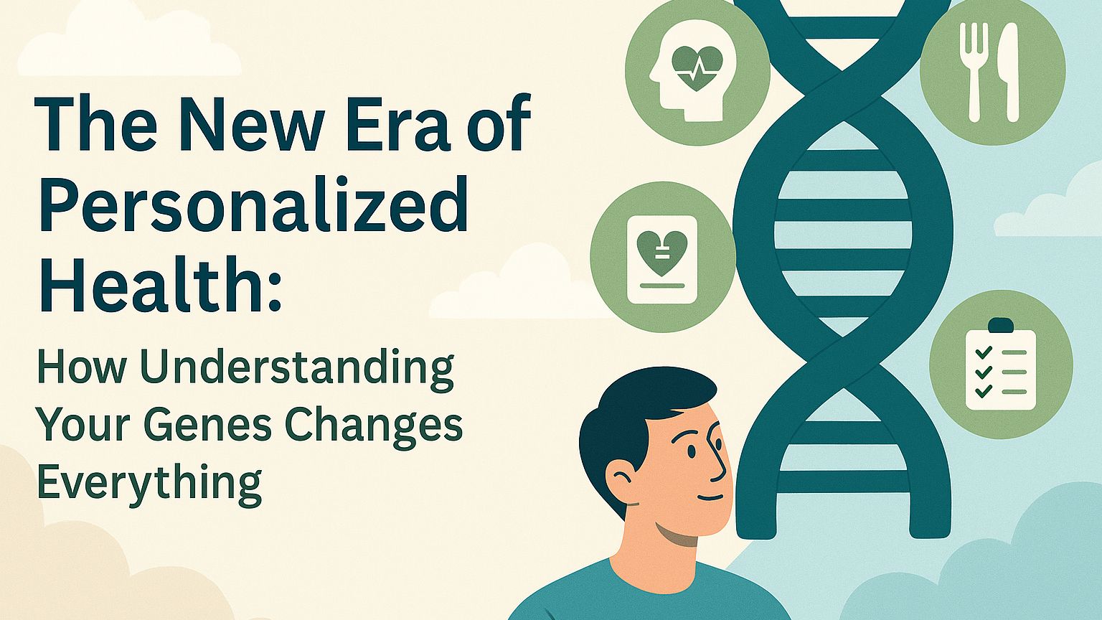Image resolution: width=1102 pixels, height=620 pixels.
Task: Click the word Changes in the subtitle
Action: (375, 426)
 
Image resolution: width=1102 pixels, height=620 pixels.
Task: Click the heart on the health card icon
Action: (661, 253)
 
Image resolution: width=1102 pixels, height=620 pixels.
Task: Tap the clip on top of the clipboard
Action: (1001, 325)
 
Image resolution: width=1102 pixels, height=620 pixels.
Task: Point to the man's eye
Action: (692, 450)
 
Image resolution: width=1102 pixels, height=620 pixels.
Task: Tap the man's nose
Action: (718, 458)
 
